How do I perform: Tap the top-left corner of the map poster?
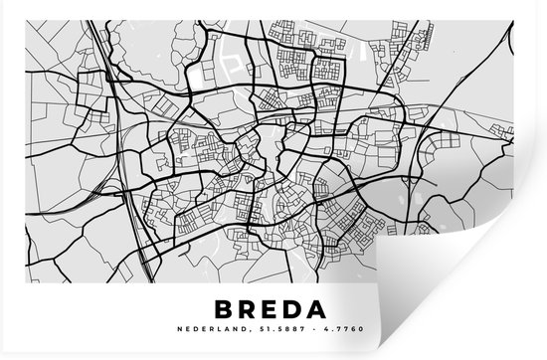point(2,2)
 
